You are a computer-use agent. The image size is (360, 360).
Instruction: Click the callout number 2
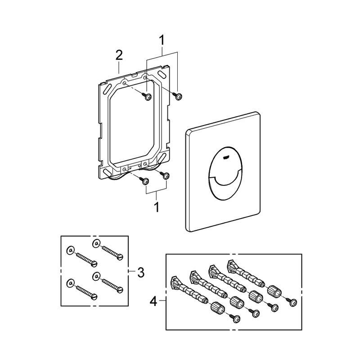point(118,56)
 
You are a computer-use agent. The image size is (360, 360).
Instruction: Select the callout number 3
point(140,272)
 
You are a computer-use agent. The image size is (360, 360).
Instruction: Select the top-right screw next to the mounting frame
point(178,95)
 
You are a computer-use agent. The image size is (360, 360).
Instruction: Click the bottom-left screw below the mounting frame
point(144,181)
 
